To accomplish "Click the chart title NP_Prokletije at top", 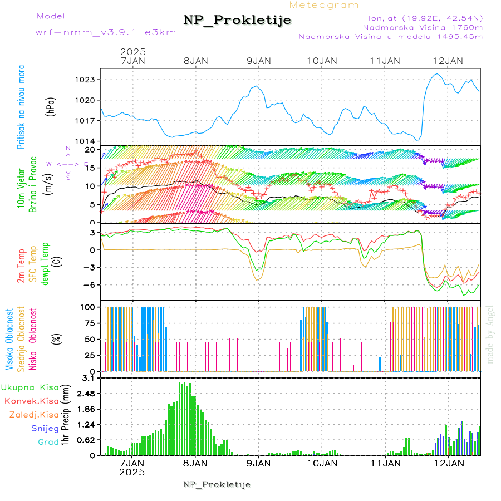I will pos(237,21).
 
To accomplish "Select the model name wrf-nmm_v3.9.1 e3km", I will pos(106,32).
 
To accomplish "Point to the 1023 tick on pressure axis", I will pos(86,80).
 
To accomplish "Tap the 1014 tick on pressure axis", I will pos(86,141).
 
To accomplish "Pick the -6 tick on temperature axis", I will pos(90,284).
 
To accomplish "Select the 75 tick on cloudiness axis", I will pos(89,322).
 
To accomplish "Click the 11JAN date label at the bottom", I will pos(385,463).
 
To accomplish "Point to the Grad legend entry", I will pos(48,442).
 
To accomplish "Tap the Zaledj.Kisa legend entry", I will pos(34,414).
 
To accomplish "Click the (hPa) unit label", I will pos(51,106).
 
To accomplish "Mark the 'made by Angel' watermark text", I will pos(490,334).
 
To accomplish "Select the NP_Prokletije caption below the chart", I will pos(217,484).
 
